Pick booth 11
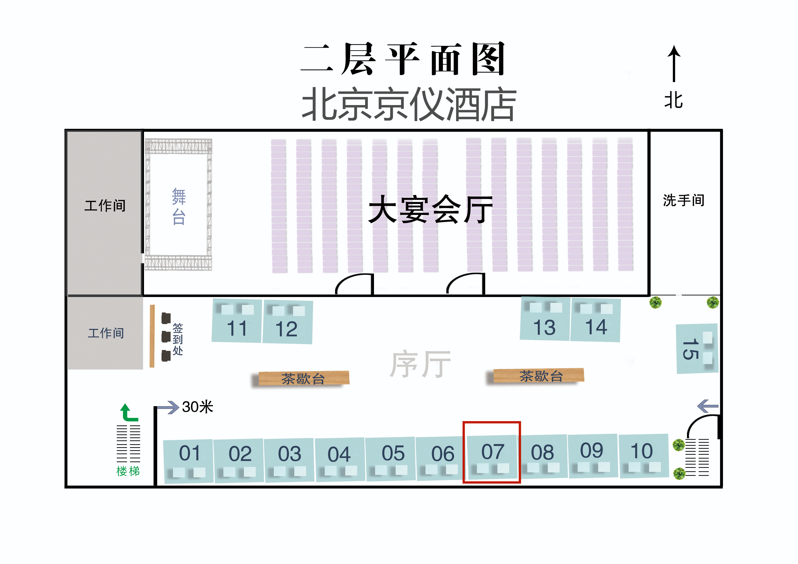pos(237,321)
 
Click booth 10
pos(644,456)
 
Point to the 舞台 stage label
pos(179,206)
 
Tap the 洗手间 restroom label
pos(684,201)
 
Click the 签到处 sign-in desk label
pos(178,339)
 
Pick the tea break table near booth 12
pos(304,378)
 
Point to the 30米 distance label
pos(197,407)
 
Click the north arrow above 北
pos(674,64)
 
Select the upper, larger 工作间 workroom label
pos(105,206)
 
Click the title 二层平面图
pos(402,59)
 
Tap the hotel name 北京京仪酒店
pos(409,104)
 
